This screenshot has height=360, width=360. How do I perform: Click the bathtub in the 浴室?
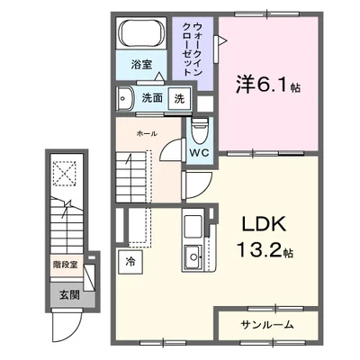(x=141, y=37)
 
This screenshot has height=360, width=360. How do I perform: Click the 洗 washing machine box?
(x=179, y=98)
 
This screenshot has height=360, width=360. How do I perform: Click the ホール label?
(x=146, y=133)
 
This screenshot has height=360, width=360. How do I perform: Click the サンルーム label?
(x=267, y=324)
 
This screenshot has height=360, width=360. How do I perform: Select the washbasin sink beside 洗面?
(x=124, y=98)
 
